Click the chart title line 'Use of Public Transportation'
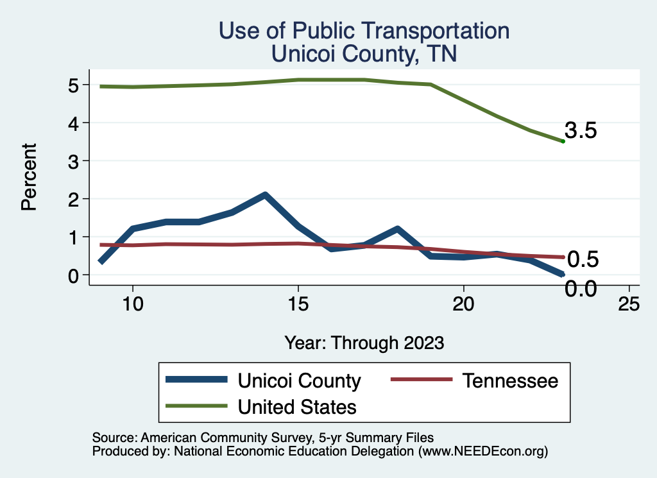364,30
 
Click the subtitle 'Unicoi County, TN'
364,54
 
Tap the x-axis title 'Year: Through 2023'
364,343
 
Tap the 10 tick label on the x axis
132,304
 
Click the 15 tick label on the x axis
298,304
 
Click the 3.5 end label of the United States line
581,131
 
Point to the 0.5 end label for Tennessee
583,259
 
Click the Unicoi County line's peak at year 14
264,195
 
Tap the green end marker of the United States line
563,141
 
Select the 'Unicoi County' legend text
299,380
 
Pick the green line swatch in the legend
196,406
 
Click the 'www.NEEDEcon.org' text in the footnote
482,452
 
